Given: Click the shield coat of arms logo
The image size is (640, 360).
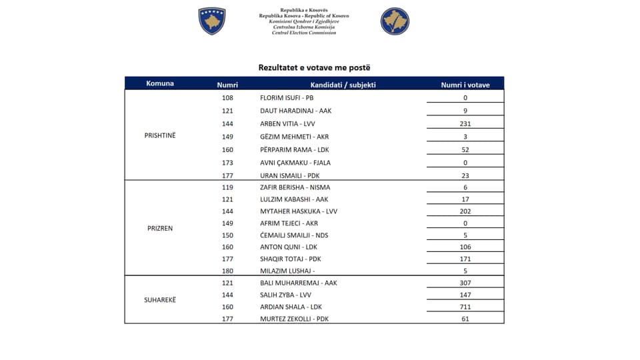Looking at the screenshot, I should (212, 21).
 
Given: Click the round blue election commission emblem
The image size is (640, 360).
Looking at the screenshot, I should (395, 21).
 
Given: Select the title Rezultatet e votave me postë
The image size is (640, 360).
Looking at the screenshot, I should (314, 67).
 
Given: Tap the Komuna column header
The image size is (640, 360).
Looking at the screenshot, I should (160, 83).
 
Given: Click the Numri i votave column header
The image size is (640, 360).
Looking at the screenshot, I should (465, 85).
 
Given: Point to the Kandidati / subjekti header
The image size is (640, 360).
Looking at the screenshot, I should (343, 85).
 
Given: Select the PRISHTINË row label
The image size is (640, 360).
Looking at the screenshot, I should (160, 135).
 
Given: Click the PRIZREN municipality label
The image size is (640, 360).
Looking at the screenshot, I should (160, 228).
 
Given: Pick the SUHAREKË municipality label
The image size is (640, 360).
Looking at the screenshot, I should (160, 300).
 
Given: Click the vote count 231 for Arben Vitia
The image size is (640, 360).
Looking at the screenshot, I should (465, 124).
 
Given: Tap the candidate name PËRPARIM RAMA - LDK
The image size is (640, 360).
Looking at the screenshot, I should (295, 150).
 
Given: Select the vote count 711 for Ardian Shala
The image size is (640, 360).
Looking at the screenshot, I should (465, 307).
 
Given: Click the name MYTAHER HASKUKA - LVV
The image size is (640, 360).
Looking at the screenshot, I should (299, 211).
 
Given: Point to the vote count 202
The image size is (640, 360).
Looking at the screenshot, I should (465, 211).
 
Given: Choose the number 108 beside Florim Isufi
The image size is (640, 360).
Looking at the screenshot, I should (227, 98).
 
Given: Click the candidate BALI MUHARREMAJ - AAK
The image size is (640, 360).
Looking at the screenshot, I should (299, 283).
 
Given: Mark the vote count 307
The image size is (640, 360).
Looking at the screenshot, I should (465, 283).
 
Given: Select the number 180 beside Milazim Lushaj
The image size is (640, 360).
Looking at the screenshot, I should (227, 271).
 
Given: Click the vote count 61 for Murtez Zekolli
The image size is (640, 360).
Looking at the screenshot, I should (465, 319).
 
